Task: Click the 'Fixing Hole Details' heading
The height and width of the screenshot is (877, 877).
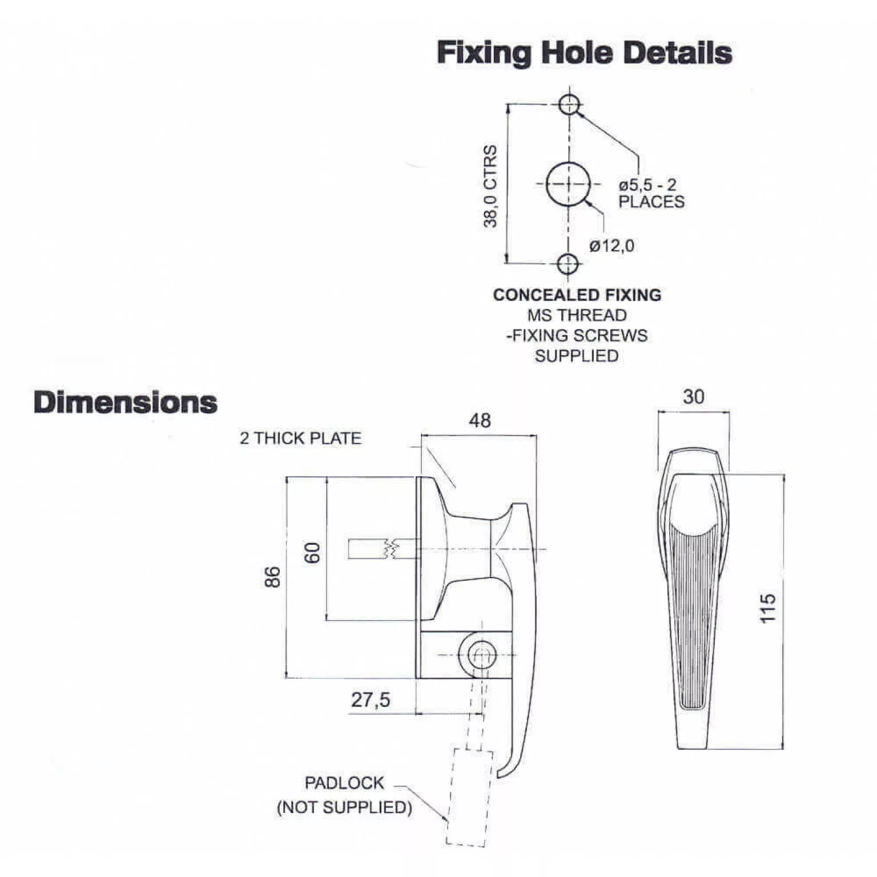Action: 584,53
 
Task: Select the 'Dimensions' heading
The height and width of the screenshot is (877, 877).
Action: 126,402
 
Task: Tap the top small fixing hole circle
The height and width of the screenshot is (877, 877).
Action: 569,104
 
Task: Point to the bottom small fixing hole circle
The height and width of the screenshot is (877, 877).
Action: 568,264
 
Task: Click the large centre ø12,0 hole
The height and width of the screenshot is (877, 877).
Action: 568,184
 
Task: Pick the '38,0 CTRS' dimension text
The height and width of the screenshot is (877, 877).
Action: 490,186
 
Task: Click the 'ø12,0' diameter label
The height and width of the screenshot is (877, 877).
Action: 612,246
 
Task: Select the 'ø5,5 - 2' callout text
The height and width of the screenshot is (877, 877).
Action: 647,185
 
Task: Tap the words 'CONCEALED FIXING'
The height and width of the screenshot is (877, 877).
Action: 577,295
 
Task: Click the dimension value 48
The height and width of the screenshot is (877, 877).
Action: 480,421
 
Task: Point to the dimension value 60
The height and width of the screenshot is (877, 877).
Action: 312,553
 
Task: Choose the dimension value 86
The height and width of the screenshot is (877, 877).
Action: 273,577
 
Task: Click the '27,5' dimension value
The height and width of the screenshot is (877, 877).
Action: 371,699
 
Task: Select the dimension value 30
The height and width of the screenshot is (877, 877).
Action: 693,397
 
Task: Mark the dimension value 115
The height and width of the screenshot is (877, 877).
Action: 768,608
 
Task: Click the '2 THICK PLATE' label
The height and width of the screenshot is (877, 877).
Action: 300,438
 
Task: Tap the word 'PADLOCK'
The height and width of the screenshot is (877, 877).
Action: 344,783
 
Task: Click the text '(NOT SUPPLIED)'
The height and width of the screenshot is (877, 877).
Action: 344,807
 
